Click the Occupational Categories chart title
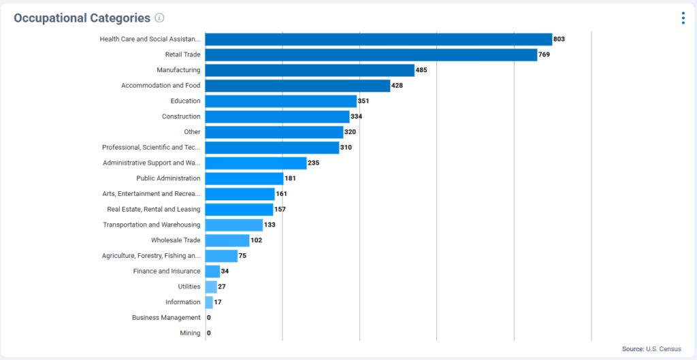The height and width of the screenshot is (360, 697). (x=82, y=18)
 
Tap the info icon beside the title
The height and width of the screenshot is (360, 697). (x=159, y=18)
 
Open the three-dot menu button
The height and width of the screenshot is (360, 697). (x=683, y=18)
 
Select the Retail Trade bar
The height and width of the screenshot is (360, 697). (x=371, y=54)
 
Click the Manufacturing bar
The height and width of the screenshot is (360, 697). (x=310, y=70)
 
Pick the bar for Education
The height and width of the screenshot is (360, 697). (x=280, y=101)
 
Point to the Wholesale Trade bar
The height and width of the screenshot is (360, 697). (x=227, y=240)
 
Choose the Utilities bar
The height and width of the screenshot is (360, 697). (x=211, y=287)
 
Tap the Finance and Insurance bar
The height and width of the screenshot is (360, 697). (x=212, y=271)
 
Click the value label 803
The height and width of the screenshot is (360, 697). (x=559, y=39)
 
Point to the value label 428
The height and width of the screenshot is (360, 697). (x=398, y=86)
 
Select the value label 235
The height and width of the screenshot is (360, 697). (x=313, y=163)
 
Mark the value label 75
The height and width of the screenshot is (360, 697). (x=243, y=256)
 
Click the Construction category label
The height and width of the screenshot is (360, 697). (x=181, y=116)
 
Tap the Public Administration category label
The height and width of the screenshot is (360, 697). (x=168, y=178)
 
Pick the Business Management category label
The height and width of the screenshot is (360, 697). (x=166, y=317)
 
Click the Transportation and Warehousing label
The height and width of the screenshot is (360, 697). (x=151, y=225)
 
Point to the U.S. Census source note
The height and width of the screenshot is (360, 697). (x=651, y=349)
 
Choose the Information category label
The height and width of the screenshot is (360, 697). (x=182, y=302)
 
